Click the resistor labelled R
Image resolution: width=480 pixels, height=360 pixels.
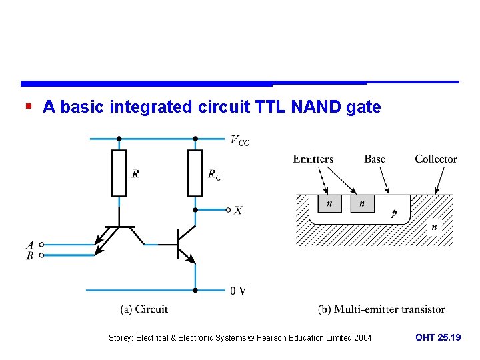[119, 173]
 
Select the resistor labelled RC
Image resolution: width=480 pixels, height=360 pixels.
[195, 173]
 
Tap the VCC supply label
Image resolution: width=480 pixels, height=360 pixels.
[239, 140]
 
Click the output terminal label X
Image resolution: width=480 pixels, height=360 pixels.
[239, 210]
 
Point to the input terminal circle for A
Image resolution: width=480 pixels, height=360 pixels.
[42, 245]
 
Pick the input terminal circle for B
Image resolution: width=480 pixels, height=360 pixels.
[42, 255]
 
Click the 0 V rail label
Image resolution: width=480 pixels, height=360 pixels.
[238, 291]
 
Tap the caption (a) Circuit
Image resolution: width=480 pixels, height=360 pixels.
[144, 309]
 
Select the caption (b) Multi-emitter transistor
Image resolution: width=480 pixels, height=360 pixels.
[381, 309]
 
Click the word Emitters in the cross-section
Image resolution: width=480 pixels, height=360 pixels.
[313, 159]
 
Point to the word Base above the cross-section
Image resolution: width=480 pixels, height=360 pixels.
[375, 159]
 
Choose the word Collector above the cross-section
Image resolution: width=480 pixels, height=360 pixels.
[436, 159]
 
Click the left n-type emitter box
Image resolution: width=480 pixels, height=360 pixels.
[329, 203]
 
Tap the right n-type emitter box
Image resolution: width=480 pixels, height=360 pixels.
[362, 203]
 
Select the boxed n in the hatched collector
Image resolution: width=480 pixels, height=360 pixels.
[434, 227]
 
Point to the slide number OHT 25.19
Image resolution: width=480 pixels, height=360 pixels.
[438, 337]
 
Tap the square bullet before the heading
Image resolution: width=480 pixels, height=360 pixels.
[29, 107]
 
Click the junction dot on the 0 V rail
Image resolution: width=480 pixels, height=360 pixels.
[195, 290]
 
